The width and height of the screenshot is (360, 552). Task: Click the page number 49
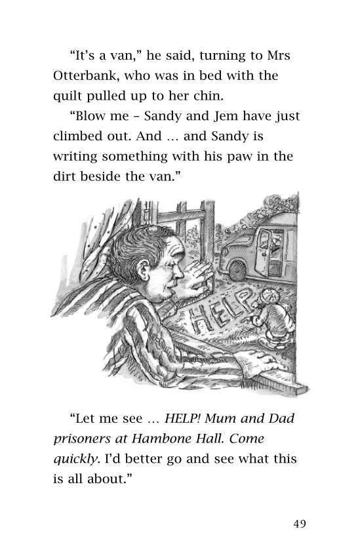(x=300, y=523)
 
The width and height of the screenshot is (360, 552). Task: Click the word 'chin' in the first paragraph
(x=207, y=96)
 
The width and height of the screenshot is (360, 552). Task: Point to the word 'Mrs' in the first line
(x=277, y=55)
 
